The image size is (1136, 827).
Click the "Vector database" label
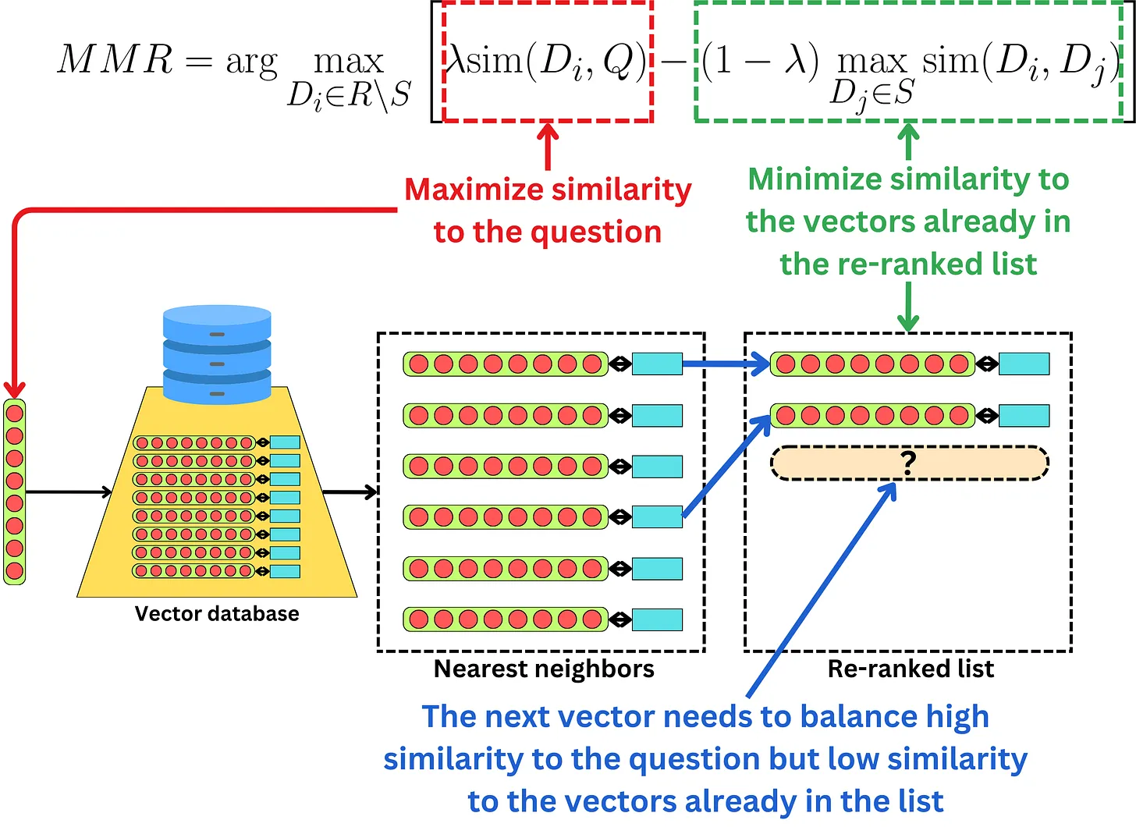217,614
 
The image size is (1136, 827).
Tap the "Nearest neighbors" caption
544,669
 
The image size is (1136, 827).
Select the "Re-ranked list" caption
911,669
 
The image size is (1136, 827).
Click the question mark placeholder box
909,463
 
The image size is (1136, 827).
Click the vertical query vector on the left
15,492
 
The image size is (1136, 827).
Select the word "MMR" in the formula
115,60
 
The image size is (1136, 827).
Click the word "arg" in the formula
251,62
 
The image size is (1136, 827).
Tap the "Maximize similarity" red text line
548,190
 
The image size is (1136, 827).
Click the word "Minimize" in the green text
815,179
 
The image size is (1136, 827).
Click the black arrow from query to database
69,492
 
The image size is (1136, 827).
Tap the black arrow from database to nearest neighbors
350,492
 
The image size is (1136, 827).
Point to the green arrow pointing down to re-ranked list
908,307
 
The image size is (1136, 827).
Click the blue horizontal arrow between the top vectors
726,364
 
